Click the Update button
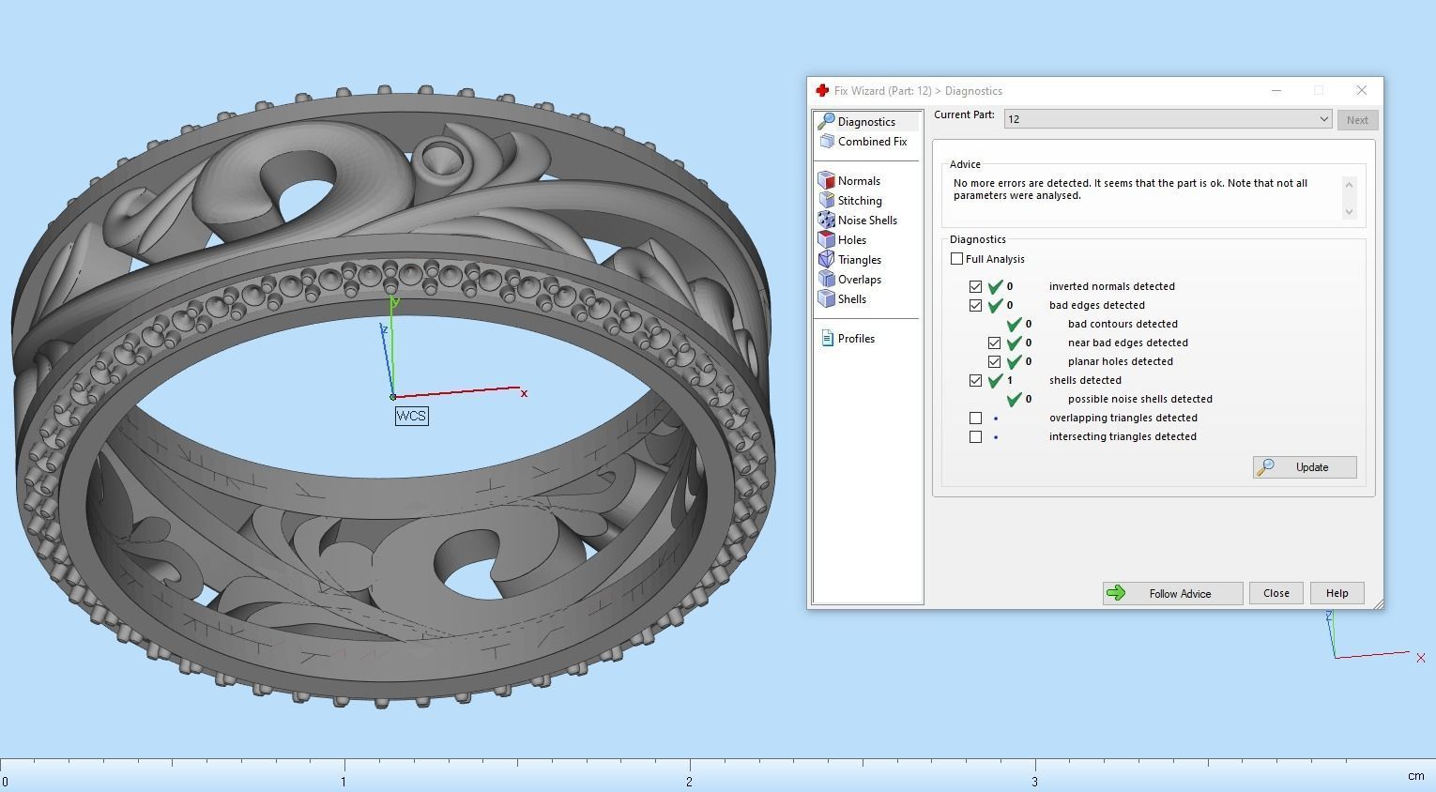(x=1305, y=467)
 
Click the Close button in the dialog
(x=1276, y=593)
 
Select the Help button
(x=1337, y=593)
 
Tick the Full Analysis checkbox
(x=956, y=259)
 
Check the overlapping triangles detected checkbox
(x=975, y=418)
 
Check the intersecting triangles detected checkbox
(x=975, y=436)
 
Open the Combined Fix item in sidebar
(x=871, y=142)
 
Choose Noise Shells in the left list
(x=866, y=221)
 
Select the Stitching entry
(x=859, y=201)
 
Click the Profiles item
(x=855, y=339)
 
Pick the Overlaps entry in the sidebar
(x=859, y=280)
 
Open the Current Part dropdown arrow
(x=1323, y=119)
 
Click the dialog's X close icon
(x=1361, y=90)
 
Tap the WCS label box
(x=411, y=416)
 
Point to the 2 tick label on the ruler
(x=689, y=782)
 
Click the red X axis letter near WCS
(x=524, y=393)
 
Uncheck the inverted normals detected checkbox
(x=975, y=286)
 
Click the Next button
(x=1357, y=120)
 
